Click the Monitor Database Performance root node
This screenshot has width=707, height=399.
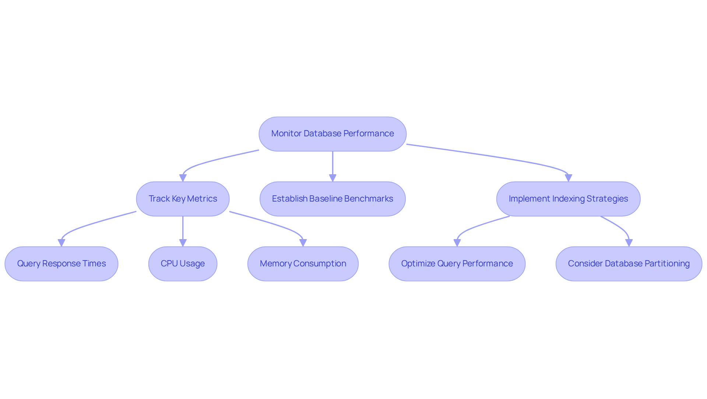coord(333,134)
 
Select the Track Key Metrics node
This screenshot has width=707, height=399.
coord(183,199)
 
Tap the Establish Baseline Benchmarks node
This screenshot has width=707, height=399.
coord(333,199)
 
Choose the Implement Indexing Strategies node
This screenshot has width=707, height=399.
coord(568,199)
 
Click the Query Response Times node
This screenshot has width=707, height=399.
coord(61,264)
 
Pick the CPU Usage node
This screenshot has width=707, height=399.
coord(183,264)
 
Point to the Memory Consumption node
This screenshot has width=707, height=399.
coord(303,264)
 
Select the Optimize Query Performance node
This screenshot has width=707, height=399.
coord(457,264)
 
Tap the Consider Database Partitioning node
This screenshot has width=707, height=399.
coord(629,264)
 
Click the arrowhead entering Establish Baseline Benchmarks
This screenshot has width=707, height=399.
coord(333,178)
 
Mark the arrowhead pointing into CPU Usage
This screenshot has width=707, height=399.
coord(183,243)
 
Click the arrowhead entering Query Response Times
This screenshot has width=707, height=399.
coord(61,243)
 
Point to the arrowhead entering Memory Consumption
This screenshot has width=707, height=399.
coord(303,243)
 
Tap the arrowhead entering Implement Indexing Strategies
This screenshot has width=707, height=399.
coord(568,178)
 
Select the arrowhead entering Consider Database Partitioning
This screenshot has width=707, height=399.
coord(629,243)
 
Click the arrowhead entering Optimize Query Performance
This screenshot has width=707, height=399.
coord(457,243)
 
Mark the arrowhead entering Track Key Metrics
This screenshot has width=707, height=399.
coord(183,178)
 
